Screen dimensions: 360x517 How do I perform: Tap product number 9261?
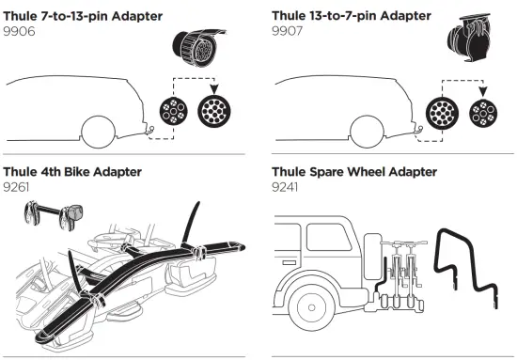(x=20, y=187)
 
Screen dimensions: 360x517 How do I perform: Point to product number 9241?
(x=287, y=187)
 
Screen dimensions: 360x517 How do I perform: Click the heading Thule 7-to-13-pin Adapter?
(x=83, y=14)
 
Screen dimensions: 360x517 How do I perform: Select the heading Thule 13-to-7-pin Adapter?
(x=351, y=14)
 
